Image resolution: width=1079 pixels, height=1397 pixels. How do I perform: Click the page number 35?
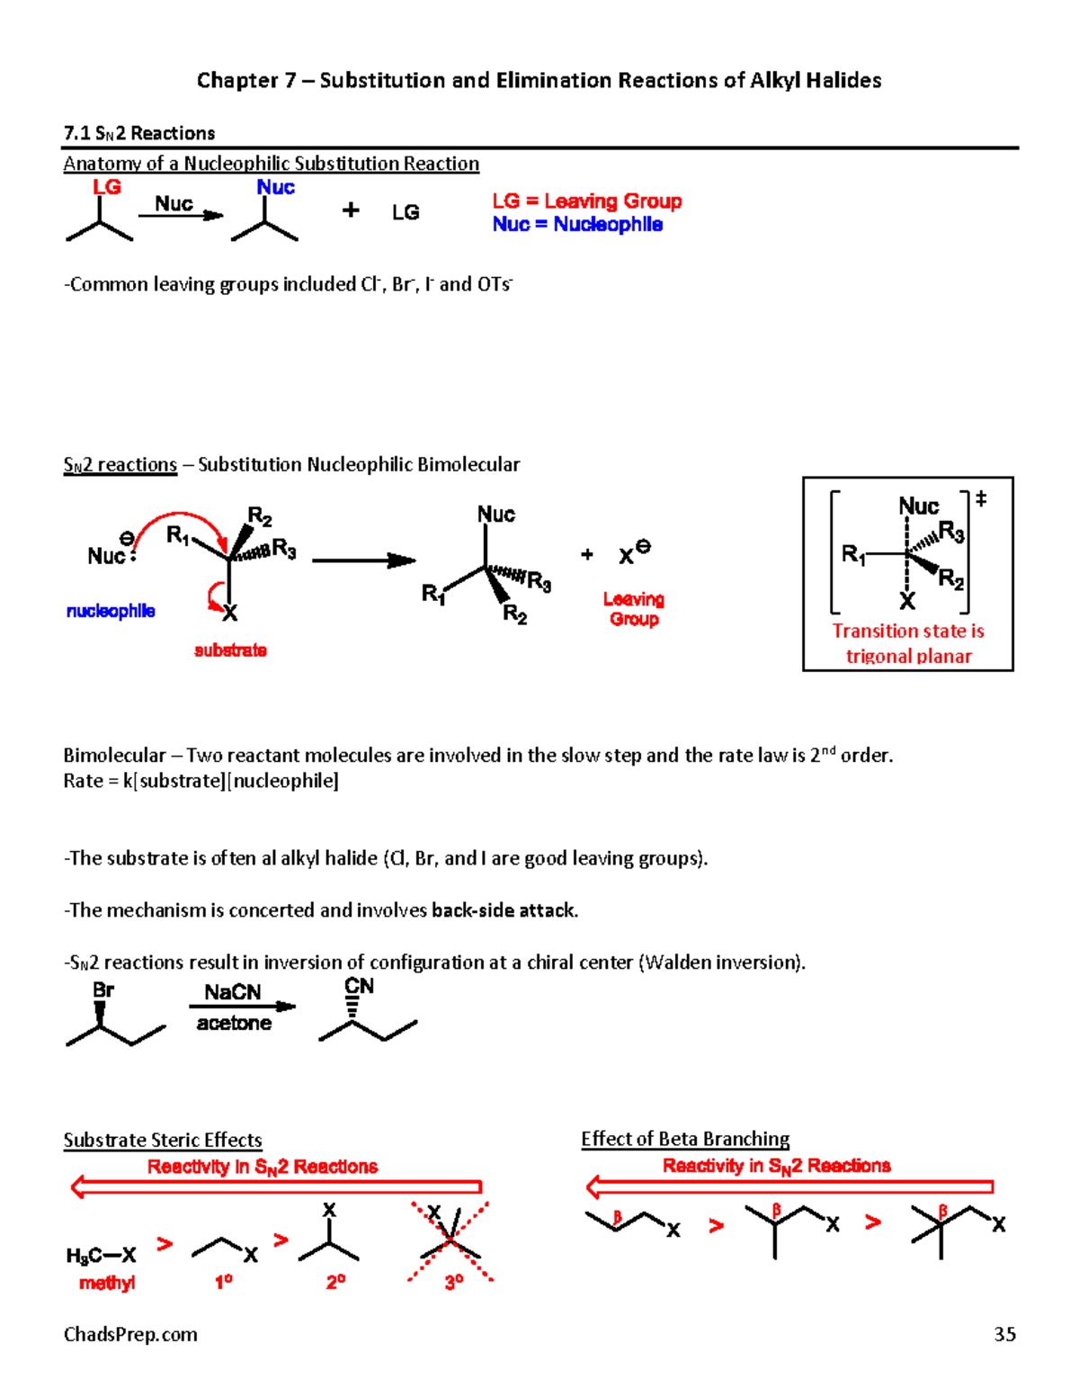click(x=1004, y=1334)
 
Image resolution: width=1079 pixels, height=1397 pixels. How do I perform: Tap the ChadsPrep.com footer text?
click(x=130, y=1334)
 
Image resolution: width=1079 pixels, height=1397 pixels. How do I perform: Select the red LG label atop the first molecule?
click(x=107, y=187)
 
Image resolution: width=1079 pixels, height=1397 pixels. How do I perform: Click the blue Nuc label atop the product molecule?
click(x=275, y=187)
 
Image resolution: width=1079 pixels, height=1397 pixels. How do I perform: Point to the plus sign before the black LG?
click(x=351, y=210)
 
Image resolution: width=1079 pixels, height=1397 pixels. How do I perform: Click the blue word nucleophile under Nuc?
click(x=111, y=611)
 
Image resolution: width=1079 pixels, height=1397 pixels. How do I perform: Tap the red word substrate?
click(x=230, y=650)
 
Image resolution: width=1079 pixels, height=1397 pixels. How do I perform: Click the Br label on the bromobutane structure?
click(x=103, y=990)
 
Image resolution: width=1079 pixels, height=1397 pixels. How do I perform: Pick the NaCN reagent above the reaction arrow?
click(x=232, y=992)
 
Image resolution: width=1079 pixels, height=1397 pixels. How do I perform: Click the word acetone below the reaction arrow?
click(x=234, y=1023)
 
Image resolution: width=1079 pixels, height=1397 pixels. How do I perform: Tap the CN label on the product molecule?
click(x=359, y=986)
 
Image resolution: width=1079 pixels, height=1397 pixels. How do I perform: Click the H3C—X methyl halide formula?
click(x=101, y=1255)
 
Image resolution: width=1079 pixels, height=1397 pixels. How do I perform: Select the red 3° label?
click(x=454, y=1282)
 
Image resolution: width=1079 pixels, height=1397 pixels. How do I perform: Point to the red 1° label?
click(x=224, y=1282)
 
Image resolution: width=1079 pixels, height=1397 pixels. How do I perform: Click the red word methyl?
click(x=107, y=1283)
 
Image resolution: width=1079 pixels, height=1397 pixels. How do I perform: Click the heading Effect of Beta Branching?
click(x=685, y=1139)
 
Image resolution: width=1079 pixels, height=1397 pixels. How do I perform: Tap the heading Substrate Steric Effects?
click(x=163, y=1140)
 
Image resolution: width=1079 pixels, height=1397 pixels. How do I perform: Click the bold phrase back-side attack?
click(x=504, y=910)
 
